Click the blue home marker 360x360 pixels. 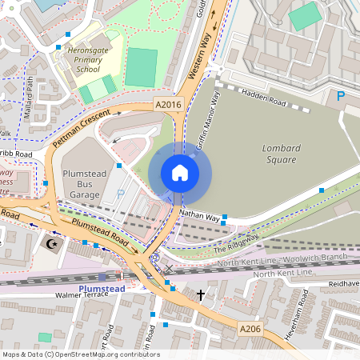pyautogui.click(x=180, y=173)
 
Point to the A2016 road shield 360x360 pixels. pyautogui.click(x=166, y=105)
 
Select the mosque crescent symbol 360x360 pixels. pyautogui.click(x=54, y=243)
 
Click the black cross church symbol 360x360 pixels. pyautogui.click(x=200, y=295)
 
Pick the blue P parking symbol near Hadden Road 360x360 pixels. pyautogui.click(x=341, y=97)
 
